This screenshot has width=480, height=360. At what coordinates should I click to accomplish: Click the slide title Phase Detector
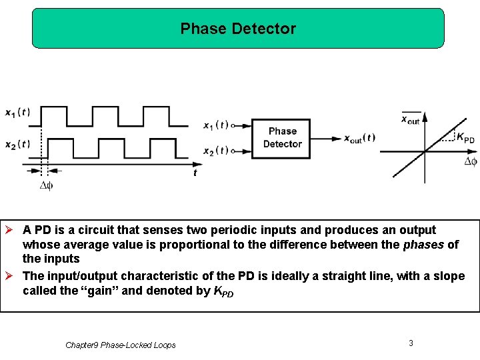pyautogui.click(x=238, y=29)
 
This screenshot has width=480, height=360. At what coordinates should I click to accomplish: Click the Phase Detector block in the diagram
pyautogui.click(x=282, y=138)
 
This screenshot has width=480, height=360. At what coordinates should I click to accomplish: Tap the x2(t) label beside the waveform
pyautogui.click(x=17, y=144)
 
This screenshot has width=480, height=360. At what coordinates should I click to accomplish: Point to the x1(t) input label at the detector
pyautogui.click(x=215, y=125)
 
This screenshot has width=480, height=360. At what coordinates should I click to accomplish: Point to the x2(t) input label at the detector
pyautogui.click(x=215, y=150)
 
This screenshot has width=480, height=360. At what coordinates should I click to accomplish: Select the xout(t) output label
pyautogui.click(x=359, y=139)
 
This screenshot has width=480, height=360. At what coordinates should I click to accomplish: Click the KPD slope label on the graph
pyautogui.click(x=465, y=137)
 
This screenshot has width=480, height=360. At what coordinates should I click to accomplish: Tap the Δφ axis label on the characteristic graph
pyautogui.click(x=470, y=161)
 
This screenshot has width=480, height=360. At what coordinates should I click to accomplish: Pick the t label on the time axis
pyautogui.click(x=195, y=173)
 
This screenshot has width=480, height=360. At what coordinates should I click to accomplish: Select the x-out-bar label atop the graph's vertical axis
pyautogui.click(x=410, y=119)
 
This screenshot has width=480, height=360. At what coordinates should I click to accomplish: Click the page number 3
pyautogui.click(x=411, y=343)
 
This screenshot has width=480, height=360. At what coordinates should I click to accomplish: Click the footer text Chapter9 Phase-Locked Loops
pyautogui.click(x=121, y=345)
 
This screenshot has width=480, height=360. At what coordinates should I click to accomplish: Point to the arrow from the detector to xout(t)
pyautogui.click(x=326, y=139)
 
